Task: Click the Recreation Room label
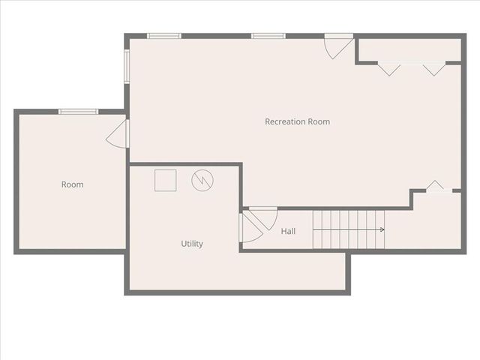(x=297, y=121)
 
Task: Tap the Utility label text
(x=192, y=244)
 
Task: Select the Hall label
(x=288, y=232)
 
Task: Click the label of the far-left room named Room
(x=72, y=184)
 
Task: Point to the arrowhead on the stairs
(x=382, y=229)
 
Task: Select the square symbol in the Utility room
(x=165, y=180)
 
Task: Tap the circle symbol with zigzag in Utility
(x=202, y=180)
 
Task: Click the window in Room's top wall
(x=78, y=112)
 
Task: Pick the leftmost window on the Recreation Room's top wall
(x=163, y=35)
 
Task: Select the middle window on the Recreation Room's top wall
(x=268, y=35)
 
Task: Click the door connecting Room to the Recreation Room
(x=120, y=133)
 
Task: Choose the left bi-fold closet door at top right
(x=388, y=68)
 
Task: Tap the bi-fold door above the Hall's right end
(x=436, y=187)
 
